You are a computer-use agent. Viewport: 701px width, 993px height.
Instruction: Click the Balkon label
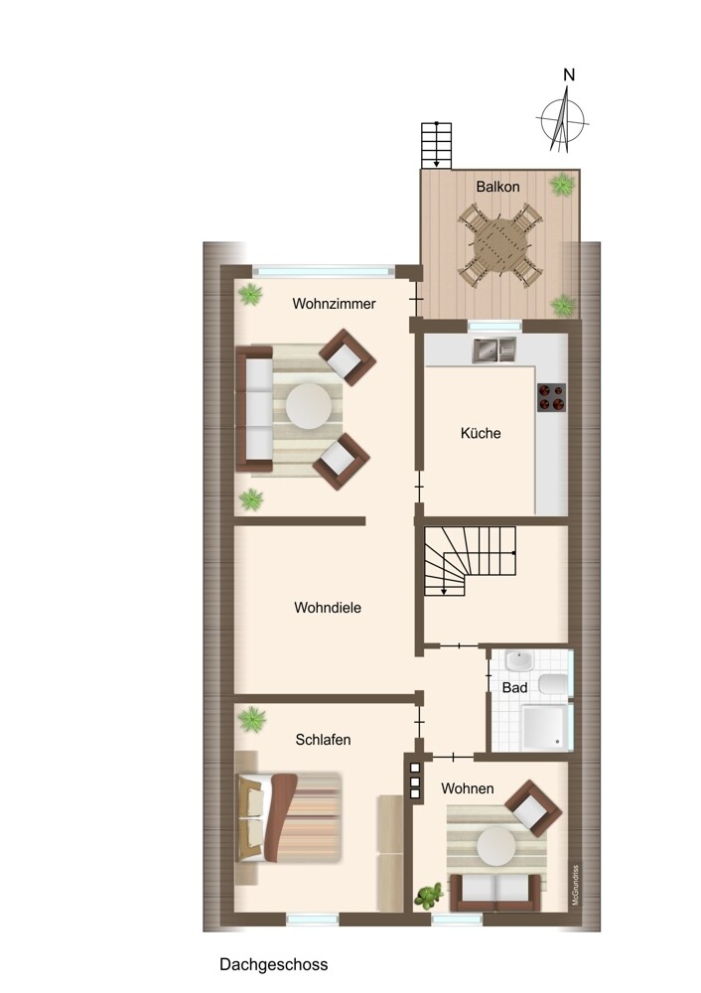(x=497, y=187)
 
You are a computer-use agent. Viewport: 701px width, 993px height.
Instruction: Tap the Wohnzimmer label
(x=334, y=304)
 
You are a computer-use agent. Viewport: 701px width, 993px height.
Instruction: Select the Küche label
(x=481, y=433)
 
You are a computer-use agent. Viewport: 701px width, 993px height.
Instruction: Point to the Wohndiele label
(x=328, y=608)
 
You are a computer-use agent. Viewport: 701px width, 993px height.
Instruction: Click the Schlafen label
(x=323, y=740)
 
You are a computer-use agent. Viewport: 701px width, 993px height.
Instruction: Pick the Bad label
(x=514, y=688)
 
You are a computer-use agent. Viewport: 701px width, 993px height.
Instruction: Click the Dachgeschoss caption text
(x=274, y=964)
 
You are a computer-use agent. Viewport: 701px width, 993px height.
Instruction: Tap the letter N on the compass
(x=569, y=74)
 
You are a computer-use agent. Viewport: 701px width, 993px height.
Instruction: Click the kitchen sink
(x=493, y=351)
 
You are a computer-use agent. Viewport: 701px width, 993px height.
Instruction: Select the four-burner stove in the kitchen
(x=551, y=398)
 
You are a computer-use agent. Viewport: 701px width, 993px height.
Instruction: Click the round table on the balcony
(x=500, y=242)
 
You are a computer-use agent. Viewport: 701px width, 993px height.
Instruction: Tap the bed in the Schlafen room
(x=289, y=817)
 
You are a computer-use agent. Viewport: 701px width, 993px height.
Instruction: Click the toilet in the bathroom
(x=553, y=685)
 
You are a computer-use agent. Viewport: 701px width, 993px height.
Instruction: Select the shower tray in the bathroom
(x=545, y=726)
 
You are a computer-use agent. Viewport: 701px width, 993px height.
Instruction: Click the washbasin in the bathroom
(x=519, y=661)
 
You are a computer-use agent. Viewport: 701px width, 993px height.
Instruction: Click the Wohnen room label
(x=468, y=788)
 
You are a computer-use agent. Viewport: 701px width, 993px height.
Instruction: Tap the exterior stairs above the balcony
(x=436, y=145)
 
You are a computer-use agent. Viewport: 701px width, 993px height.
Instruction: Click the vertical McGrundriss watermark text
(x=575, y=884)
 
